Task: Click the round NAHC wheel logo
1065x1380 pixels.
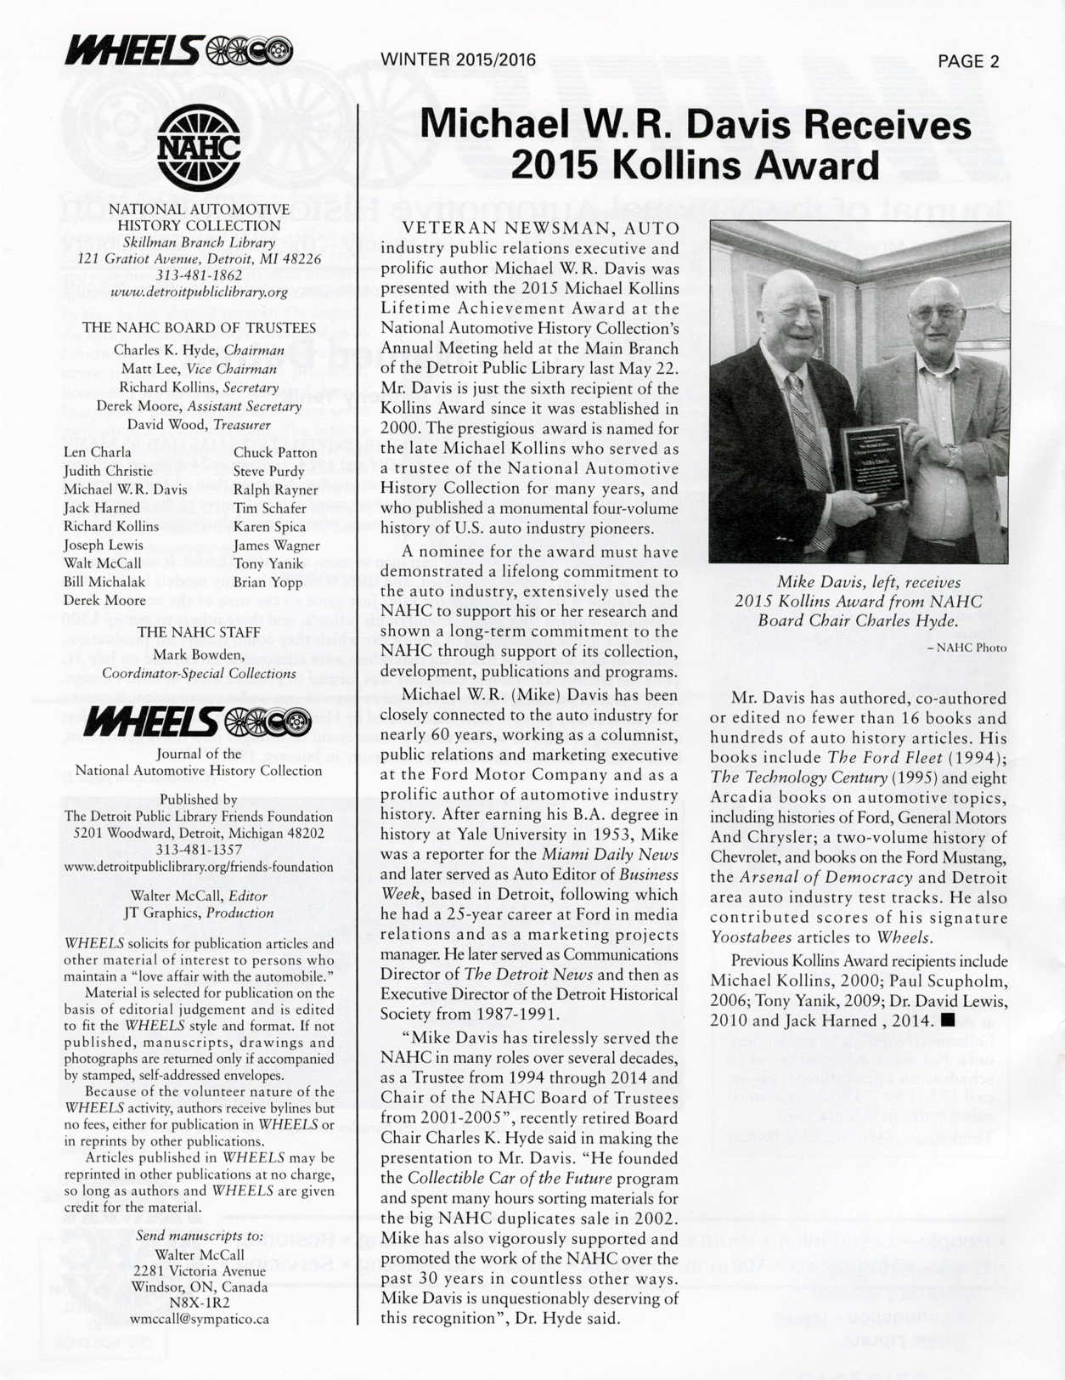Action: (x=199, y=147)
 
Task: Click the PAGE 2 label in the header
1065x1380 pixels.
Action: (x=968, y=61)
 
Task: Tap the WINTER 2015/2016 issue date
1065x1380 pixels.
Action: (x=459, y=59)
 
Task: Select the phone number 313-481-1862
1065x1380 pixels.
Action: (x=199, y=275)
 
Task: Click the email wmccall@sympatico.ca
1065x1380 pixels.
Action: (x=200, y=1319)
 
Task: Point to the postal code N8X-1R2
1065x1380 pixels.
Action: (x=200, y=1303)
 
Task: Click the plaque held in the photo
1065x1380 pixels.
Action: (x=874, y=462)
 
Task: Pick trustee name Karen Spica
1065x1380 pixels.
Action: (x=269, y=527)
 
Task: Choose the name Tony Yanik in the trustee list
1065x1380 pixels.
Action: (x=268, y=563)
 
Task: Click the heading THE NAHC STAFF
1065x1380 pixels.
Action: (x=200, y=631)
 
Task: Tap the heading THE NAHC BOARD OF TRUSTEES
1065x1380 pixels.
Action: (x=200, y=328)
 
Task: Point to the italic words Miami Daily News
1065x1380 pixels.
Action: (x=610, y=854)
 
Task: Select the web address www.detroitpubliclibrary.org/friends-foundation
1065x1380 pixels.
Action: (x=200, y=867)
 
